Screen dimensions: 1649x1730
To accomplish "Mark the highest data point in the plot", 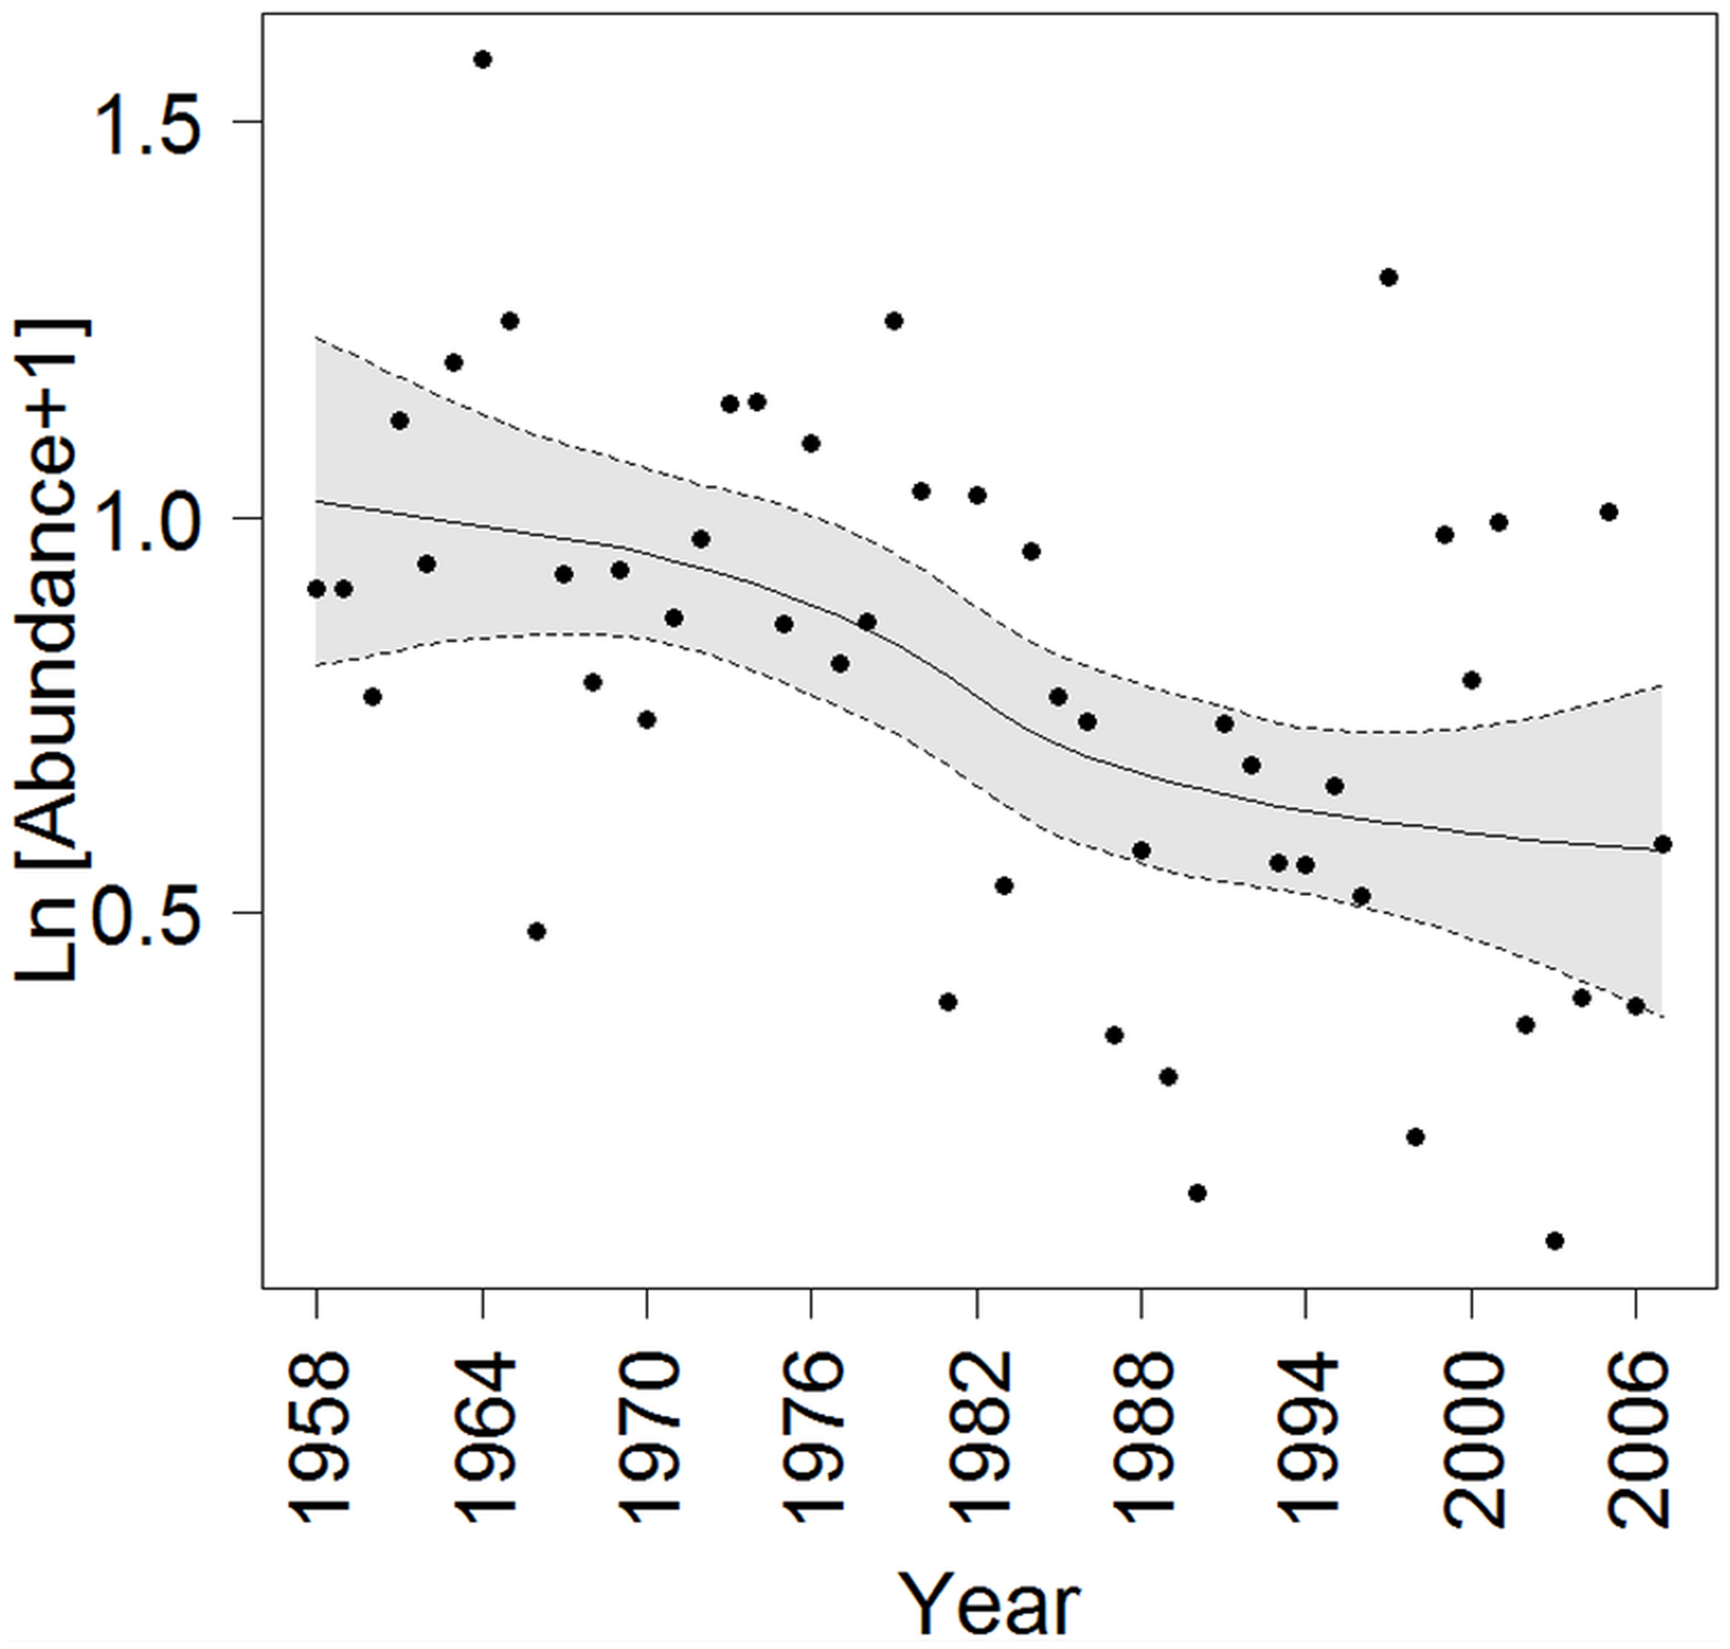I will coord(482,59).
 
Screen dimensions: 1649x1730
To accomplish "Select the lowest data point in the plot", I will coord(1554,1241).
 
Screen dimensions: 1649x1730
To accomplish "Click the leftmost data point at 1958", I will coord(317,588).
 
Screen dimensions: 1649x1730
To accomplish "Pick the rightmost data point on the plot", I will coord(1663,844).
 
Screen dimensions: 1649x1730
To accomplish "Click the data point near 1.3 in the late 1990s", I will coord(1389,277).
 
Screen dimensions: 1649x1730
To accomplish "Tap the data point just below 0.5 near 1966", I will coord(536,932).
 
